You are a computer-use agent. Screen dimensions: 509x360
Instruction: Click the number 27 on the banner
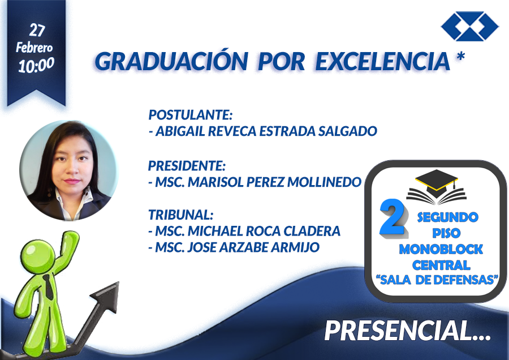[x=37, y=30]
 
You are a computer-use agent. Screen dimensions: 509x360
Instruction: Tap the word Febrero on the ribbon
[x=34, y=48]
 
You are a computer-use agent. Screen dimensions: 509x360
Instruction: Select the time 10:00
[x=36, y=65]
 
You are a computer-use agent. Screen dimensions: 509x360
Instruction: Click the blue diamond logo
[x=470, y=26]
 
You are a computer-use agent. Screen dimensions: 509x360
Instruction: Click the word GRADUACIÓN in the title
[x=171, y=61]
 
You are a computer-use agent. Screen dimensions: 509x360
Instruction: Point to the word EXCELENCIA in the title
[x=383, y=61]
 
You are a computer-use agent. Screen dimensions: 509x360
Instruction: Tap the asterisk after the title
[x=460, y=57]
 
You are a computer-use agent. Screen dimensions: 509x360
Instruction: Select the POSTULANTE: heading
[x=191, y=115]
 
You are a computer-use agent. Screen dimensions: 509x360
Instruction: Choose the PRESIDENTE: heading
[x=187, y=166]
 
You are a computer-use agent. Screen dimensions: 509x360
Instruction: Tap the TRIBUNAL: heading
[x=181, y=215]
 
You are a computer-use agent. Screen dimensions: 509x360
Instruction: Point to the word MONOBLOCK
[x=441, y=249]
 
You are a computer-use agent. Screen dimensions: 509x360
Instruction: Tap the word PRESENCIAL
[x=407, y=331]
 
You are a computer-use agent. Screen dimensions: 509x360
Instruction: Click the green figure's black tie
[x=49, y=286]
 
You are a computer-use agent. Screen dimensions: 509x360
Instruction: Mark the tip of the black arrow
[x=118, y=282]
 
